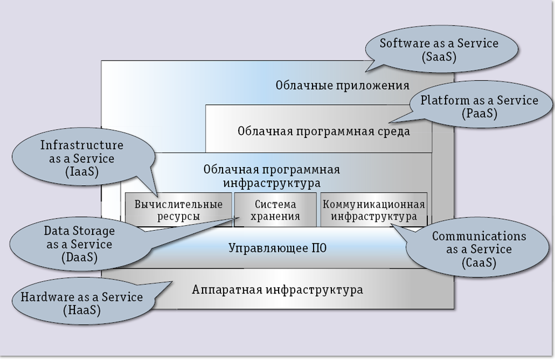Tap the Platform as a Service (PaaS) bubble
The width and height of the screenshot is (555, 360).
(x=479, y=107)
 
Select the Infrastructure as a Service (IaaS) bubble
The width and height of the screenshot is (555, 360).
(x=82, y=159)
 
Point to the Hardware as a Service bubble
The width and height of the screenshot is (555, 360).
(x=82, y=303)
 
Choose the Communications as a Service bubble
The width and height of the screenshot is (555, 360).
(x=478, y=250)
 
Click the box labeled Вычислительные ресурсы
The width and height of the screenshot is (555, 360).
(x=178, y=210)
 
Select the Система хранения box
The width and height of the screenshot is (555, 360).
(x=275, y=210)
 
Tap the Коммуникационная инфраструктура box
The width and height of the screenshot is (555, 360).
(x=374, y=210)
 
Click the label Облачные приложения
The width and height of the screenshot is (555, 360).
(x=342, y=85)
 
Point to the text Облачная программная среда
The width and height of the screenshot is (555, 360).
(x=324, y=131)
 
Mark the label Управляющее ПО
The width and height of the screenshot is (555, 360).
(x=277, y=248)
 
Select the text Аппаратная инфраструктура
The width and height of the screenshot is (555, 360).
(x=277, y=290)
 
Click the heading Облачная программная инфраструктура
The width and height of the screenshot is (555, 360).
(x=271, y=175)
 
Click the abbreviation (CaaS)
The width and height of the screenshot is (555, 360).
(x=478, y=263)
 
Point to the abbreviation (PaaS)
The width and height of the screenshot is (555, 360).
(x=479, y=113)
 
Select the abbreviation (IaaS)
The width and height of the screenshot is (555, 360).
(x=82, y=172)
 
